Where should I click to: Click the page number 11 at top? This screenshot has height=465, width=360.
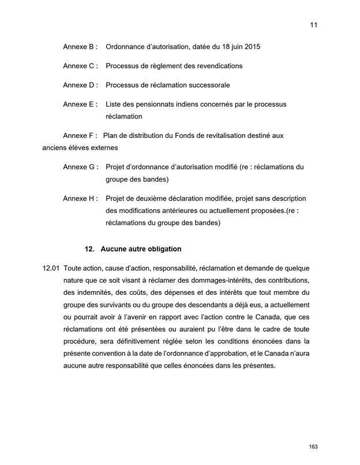(314, 25)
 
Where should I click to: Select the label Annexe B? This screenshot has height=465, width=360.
(80, 47)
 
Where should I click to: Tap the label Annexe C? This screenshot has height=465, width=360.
(80, 66)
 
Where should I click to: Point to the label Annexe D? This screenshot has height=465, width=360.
(80, 85)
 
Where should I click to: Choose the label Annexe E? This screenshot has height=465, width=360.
(80, 104)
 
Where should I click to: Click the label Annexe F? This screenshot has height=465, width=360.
(80, 136)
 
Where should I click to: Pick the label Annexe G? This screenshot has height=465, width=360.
(80, 167)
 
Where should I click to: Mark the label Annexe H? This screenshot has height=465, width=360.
(80, 198)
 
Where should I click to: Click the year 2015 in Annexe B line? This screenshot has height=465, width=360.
(251, 47)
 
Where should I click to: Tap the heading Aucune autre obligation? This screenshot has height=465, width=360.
(141, 249)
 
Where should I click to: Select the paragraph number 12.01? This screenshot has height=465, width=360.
(51, 268)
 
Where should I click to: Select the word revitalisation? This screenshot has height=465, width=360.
(224, 136)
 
